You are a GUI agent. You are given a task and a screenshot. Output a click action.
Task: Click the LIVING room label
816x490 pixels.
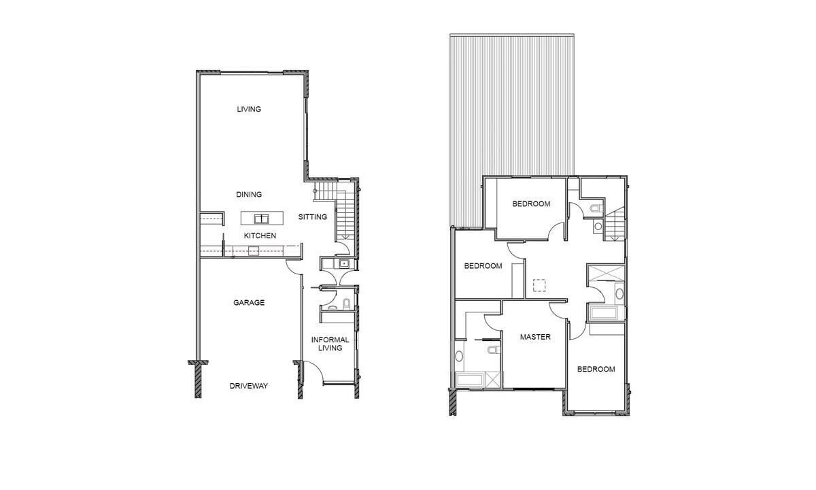[x=249, y=109]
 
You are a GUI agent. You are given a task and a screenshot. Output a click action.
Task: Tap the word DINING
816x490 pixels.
[x=249, y=195]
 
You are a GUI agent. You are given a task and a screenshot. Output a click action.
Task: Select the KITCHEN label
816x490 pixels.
[x=260, y=235]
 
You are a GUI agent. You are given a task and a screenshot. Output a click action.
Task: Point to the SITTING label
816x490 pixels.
[x=313, y=217]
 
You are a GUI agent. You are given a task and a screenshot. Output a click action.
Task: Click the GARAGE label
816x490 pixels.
[x=249, y=302]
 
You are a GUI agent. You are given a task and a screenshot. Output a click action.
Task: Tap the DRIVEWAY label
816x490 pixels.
[x=249, y=386]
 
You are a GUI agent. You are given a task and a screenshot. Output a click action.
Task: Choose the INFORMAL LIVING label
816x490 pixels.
[x=330, y=344]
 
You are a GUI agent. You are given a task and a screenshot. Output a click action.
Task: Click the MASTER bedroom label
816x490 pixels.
[x=535, y=337]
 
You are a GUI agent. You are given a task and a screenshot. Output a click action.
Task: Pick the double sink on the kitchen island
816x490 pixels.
[x=262, y=218]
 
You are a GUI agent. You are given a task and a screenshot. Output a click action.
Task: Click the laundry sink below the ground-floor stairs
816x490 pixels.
[x=344, y=263]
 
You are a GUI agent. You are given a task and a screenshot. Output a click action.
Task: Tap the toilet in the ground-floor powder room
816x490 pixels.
[x=346, y=304]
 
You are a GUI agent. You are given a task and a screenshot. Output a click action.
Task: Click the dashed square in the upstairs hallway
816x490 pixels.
[x=539, y=285]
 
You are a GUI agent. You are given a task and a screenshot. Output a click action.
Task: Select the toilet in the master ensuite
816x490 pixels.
[x=493, y=350]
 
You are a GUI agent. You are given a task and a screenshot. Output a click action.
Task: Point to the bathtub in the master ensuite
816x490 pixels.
[x=470, y=380]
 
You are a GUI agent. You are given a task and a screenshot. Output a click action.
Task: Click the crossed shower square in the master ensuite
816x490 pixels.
[x=492, y=380]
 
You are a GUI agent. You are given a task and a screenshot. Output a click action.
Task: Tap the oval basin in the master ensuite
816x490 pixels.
[x=459, y=355]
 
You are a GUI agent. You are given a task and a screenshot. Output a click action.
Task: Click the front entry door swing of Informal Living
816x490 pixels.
[x=314, y=372]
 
